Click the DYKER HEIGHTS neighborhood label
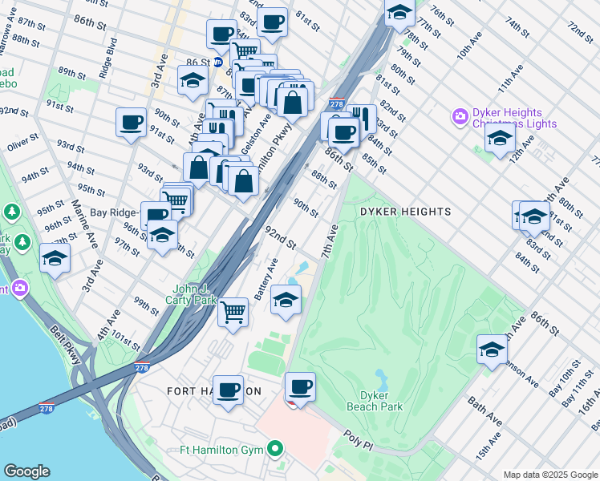click(405, 212)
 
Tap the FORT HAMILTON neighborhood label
click(213, 391)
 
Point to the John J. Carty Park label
click(197, 294)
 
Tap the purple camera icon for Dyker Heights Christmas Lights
click(460, 118)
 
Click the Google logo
click(26, 471)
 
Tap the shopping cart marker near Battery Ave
click(233, 311)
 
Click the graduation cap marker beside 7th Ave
click(286, 300)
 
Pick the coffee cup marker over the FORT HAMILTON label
click(229, 390)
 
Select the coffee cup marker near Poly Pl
click(301, 387)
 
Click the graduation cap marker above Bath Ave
click(492, 350)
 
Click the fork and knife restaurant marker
click(362, 119)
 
